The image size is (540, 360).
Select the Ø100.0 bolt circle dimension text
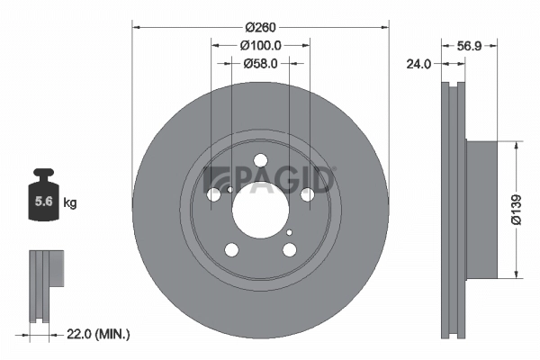click(x=261, y=45)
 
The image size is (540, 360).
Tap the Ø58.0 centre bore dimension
click(x=261, y=64)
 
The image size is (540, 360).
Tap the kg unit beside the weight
click(x=70, y=203)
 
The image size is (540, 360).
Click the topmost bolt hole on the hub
click(x=260, y=161)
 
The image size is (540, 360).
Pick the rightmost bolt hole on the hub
click(x=307, y=194)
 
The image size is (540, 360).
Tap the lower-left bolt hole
click(x=231, y=250)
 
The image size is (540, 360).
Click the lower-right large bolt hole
click(x=289, y=249)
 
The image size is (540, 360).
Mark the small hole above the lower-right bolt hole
click(x=289, y=232)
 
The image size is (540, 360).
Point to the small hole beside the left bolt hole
click(x=230, y=189)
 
